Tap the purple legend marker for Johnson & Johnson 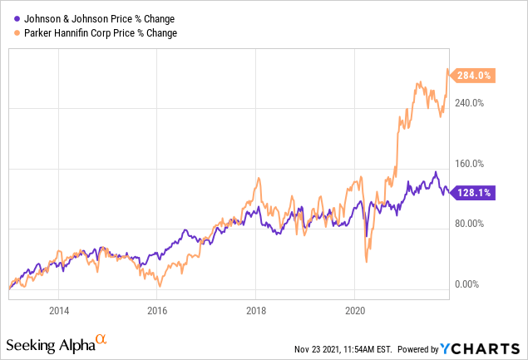click(15, 18)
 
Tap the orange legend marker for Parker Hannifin click(15, 32)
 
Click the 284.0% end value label click(476, 76)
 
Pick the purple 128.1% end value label click(476, 192)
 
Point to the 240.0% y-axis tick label click(471, 103)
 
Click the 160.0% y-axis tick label click(471, 164)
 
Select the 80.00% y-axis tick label click(471, 224)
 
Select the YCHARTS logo click(485, 347)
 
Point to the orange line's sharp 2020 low click(367, 262)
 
